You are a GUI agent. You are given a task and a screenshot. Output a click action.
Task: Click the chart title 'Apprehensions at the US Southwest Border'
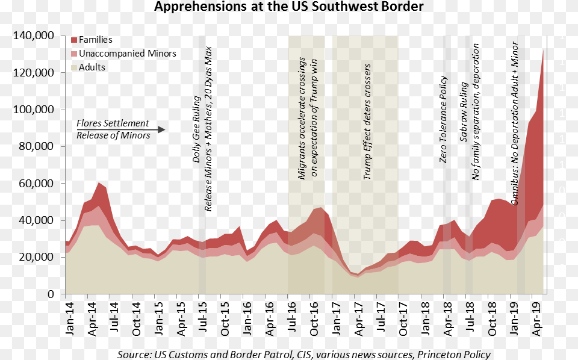(x=288, y=7)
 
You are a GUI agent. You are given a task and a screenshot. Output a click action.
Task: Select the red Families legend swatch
(x=73, y=40)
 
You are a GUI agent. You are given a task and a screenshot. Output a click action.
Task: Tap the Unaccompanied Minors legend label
(x=128, y=54)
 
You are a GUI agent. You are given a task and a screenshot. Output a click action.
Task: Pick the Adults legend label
(x=92, y=67)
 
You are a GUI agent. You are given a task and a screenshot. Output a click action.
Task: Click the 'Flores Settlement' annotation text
(x=113, y=123)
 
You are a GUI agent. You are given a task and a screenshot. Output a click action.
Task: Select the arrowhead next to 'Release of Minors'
(x=161, y=129)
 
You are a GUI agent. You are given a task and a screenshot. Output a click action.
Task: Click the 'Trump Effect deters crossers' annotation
(x=367, y=120)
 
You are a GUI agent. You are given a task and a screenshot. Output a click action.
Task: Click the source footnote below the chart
(x=303, y=354)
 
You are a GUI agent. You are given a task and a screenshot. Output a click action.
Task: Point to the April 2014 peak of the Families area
(x=99, y=182)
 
